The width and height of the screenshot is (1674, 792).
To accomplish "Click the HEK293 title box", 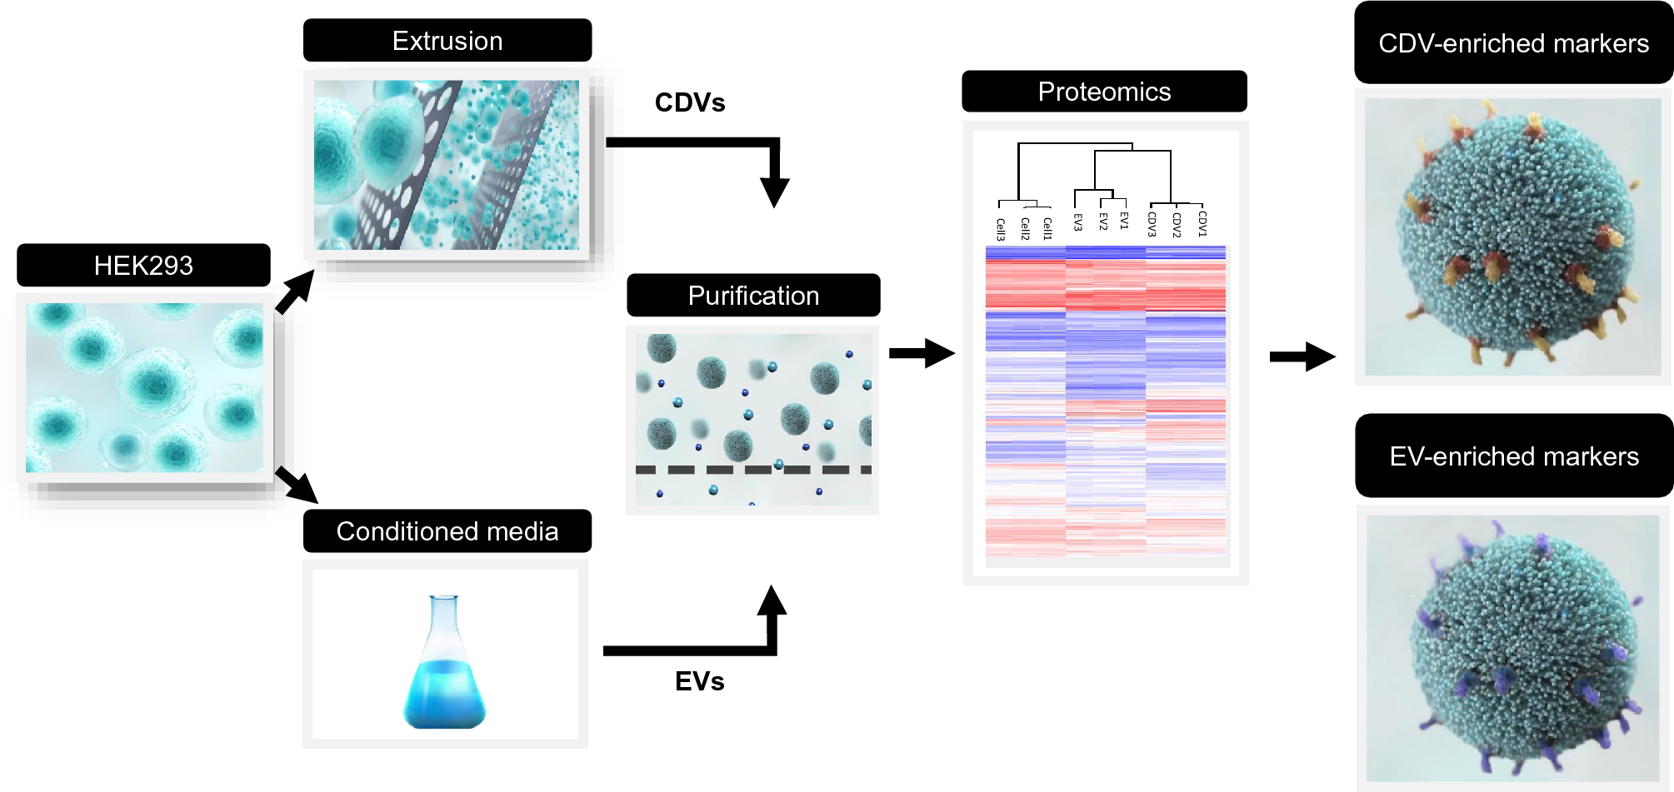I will [x=143, y=265].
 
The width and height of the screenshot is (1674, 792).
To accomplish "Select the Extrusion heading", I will [x=447, y=41].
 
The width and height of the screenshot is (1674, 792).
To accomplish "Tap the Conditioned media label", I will [x=447, y=531].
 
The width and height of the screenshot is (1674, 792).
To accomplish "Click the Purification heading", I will [x=753, y=296].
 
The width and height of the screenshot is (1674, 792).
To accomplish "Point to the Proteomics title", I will [x=1104, y=92].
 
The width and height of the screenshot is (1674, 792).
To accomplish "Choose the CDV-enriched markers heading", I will [x=1513, y=43].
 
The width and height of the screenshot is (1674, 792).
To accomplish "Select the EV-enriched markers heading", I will [x=1514, y=456].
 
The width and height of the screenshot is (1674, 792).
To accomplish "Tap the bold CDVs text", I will [x=690, y=102].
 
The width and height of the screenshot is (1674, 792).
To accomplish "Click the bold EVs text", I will [x=699, y=681].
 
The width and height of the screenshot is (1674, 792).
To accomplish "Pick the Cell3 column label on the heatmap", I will [x=1000, y=229].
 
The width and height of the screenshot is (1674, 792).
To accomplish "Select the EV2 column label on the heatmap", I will [x=1102, y=222].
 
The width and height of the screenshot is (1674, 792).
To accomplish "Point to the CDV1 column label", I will [x=1202, y=223].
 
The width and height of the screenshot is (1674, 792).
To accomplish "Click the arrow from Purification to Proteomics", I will [x=921, y=353].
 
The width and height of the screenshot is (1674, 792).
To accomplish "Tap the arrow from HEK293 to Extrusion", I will [x=295, y=291].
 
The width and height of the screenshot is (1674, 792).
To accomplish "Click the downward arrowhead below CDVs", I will [x=774, y=192].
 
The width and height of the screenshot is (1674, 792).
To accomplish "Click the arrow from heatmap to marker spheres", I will [x=1302, y=356].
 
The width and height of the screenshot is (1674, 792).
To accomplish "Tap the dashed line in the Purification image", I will [x=752, y=470].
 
